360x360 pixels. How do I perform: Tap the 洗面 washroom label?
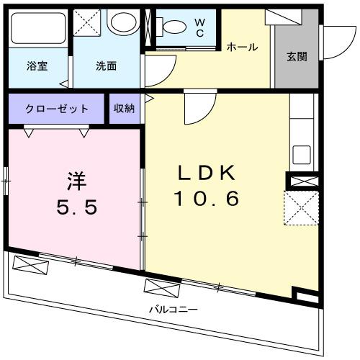pos(107,65)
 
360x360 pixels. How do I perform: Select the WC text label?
pos(199,27)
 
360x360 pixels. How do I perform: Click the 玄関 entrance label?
pos(296,56)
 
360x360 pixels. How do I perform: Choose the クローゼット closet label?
pos(57,109)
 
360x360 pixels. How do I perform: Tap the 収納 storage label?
pos(124,109)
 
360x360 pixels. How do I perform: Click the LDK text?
pos(206,173)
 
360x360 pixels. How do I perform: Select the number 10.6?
pos(205,199)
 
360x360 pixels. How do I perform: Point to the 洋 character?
pos(78,179)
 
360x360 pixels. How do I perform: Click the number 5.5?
pos(76,207)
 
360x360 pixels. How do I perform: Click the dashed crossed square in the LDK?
pos(300,210)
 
